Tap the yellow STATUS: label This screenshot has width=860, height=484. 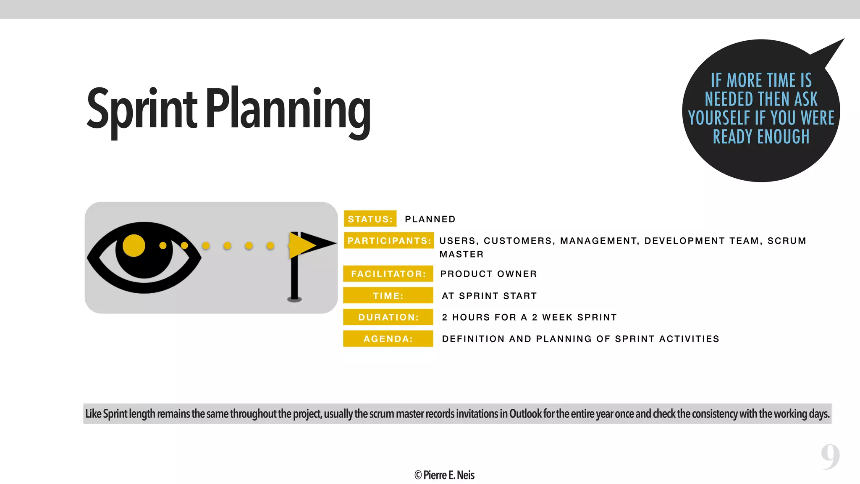coord(370,219)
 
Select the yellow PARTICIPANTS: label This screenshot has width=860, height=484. coord(389,241)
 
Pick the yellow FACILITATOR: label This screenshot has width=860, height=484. coord(388,274)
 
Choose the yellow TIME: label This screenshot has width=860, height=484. coord(388,296)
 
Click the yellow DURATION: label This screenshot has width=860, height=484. coord(388,317)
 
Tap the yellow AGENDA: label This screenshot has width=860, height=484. coord(388,339)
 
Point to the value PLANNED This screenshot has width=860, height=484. coord(430,219)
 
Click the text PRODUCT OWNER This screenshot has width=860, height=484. coord(488,274)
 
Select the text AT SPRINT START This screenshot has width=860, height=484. coord(489,296)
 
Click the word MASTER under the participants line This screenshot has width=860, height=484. coord(461,254)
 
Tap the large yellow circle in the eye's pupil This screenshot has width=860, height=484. coord(134,245)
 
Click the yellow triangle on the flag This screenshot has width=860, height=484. coord(301,245)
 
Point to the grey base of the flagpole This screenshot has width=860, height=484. coord(294,300)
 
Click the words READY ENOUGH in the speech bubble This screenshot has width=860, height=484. coord(761,137)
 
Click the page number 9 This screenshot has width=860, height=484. coord(830,457)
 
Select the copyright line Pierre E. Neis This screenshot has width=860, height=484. coord(444,475)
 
